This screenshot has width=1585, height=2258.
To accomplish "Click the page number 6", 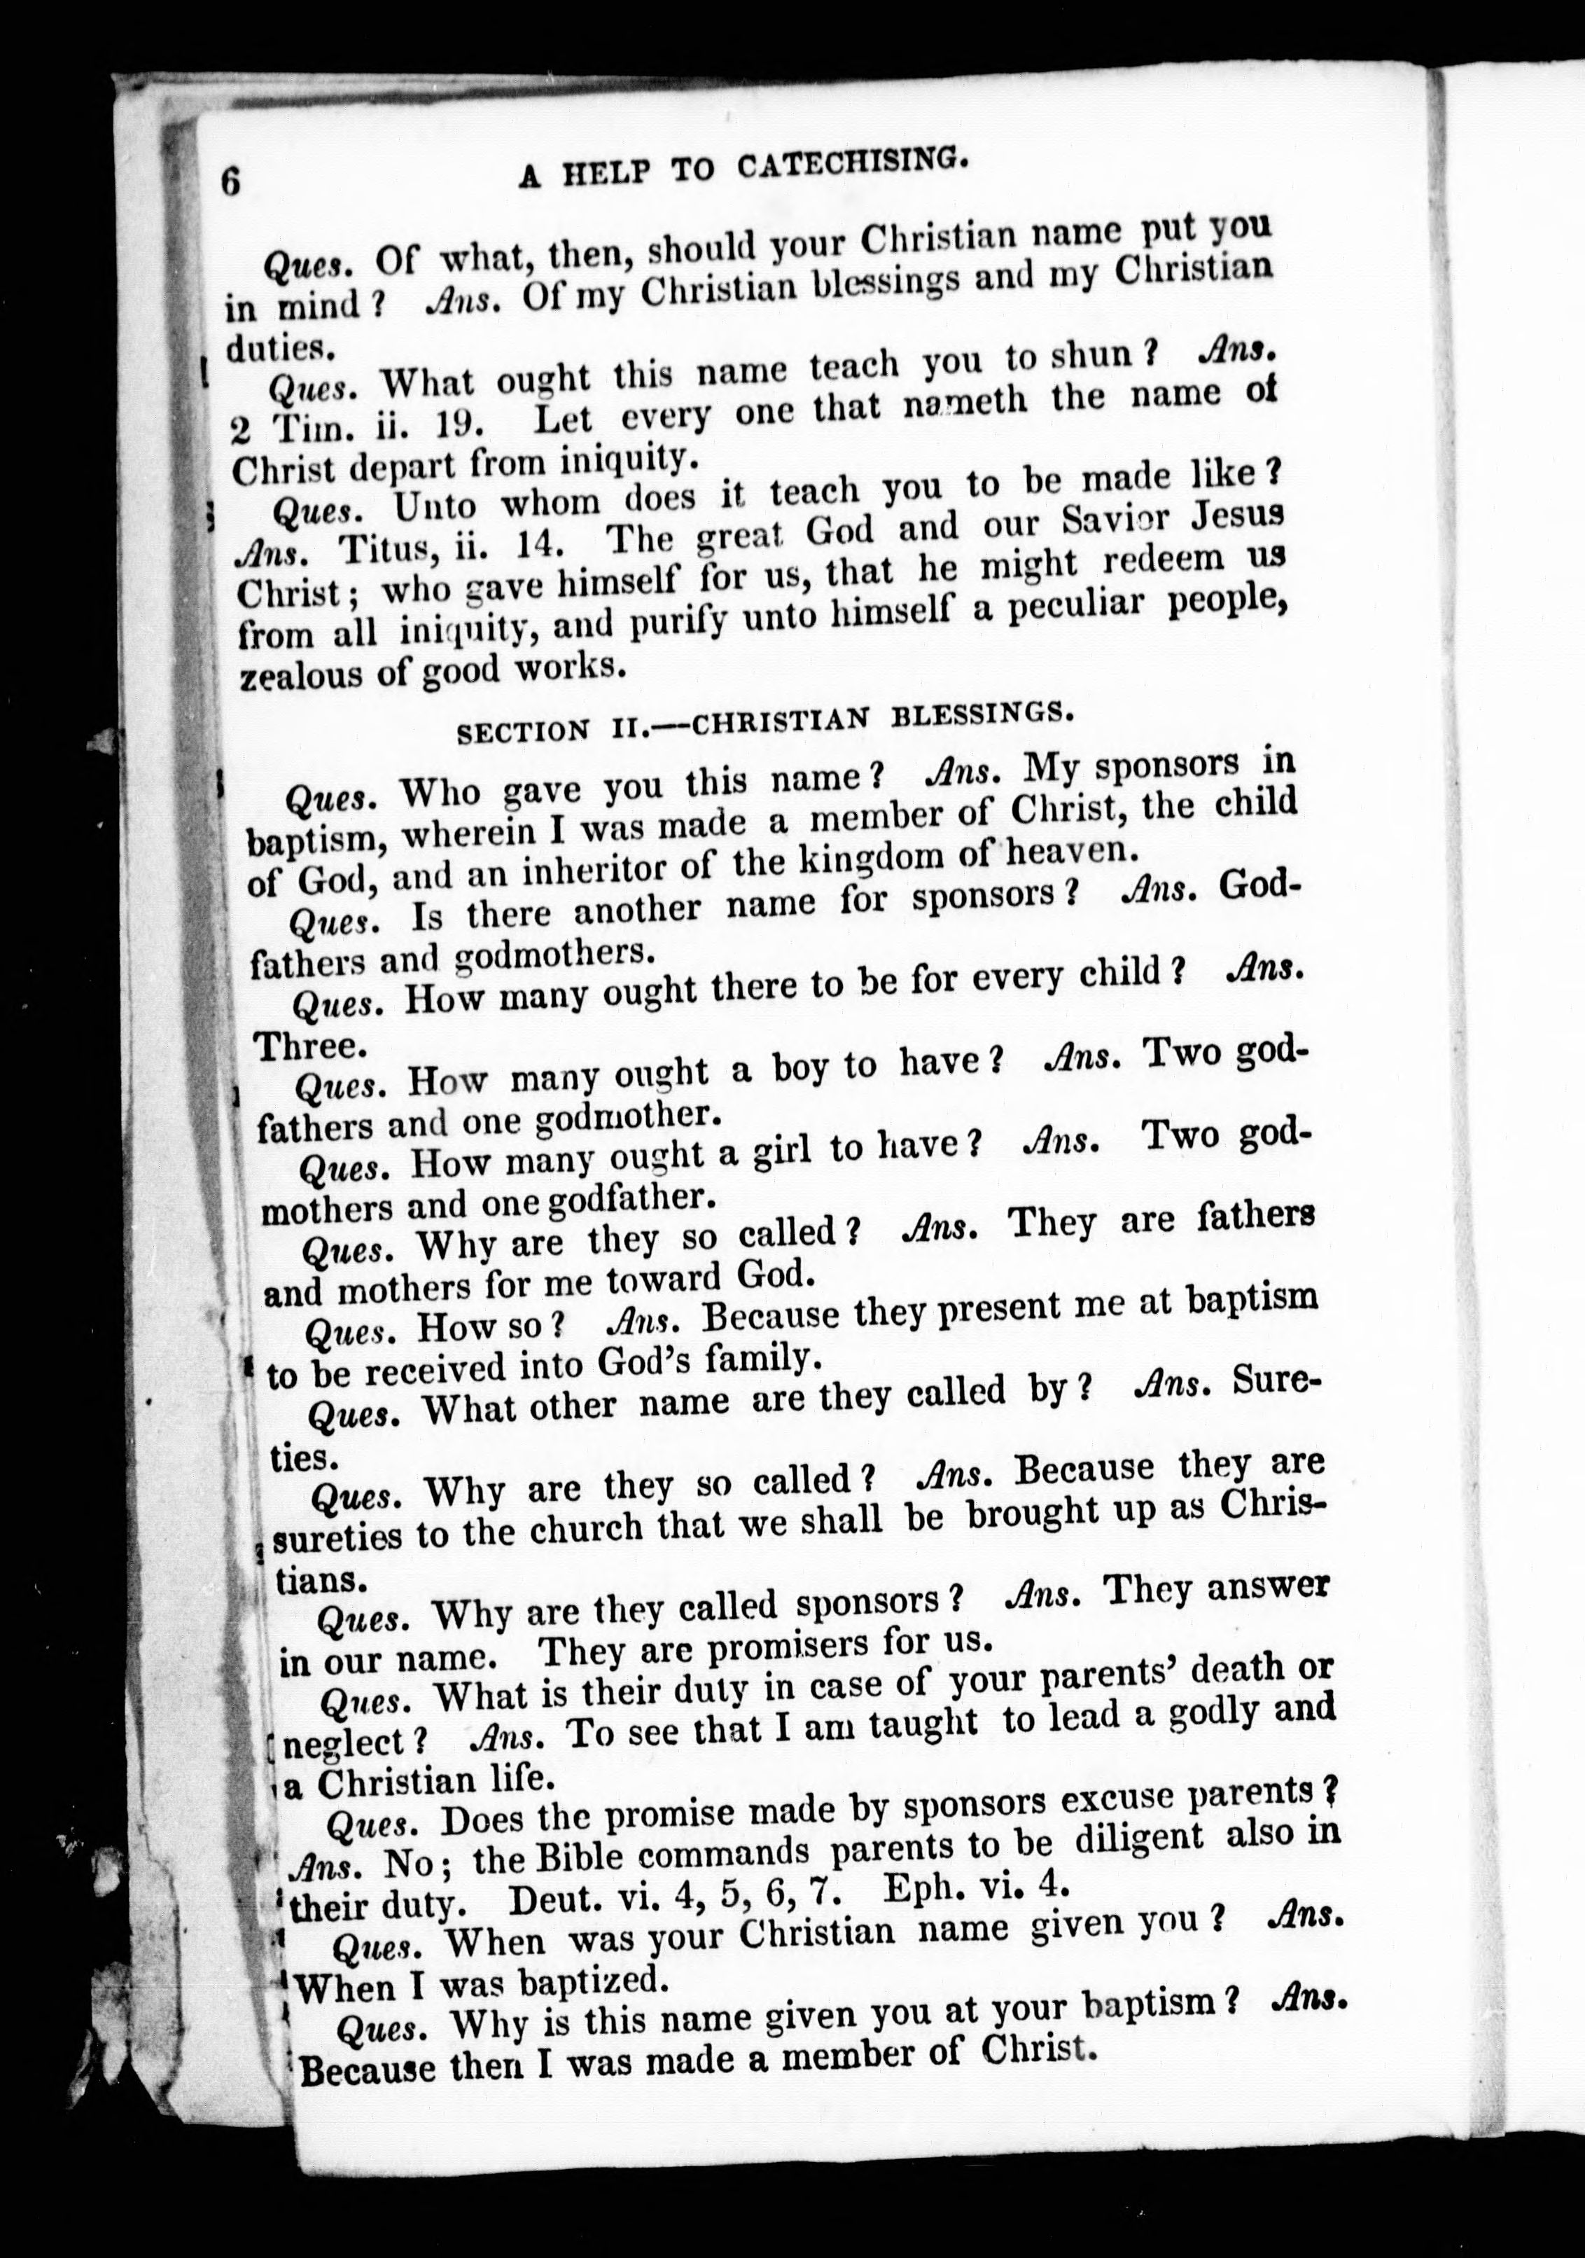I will [231, 182].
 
